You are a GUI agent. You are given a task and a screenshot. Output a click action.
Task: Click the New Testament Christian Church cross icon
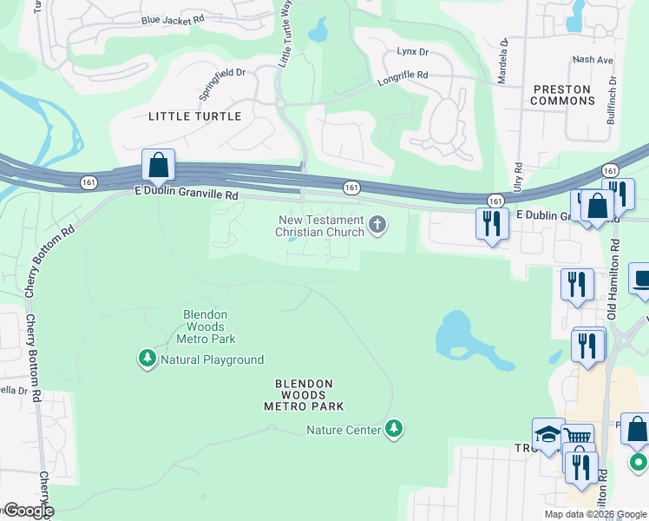pos(377,226)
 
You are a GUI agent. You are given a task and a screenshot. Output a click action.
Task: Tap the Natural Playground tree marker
pos(147,358)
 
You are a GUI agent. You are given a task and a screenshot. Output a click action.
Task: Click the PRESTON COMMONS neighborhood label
pos(562,95)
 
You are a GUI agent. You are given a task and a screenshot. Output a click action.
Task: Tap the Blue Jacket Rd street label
pos(173,19)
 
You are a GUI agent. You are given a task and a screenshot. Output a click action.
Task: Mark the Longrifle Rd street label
pos(402,77)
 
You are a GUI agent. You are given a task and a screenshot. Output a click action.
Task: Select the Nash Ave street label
pos(593,60)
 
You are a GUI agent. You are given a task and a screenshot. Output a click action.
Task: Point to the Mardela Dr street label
pos(502,60)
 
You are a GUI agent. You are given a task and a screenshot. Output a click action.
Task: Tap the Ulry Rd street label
pos(517,179)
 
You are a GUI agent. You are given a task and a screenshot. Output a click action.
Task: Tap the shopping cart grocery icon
pos(577,438)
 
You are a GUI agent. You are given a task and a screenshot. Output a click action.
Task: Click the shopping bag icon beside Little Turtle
pos(159,164)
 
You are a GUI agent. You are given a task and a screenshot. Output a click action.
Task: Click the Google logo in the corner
pos(28,511)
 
